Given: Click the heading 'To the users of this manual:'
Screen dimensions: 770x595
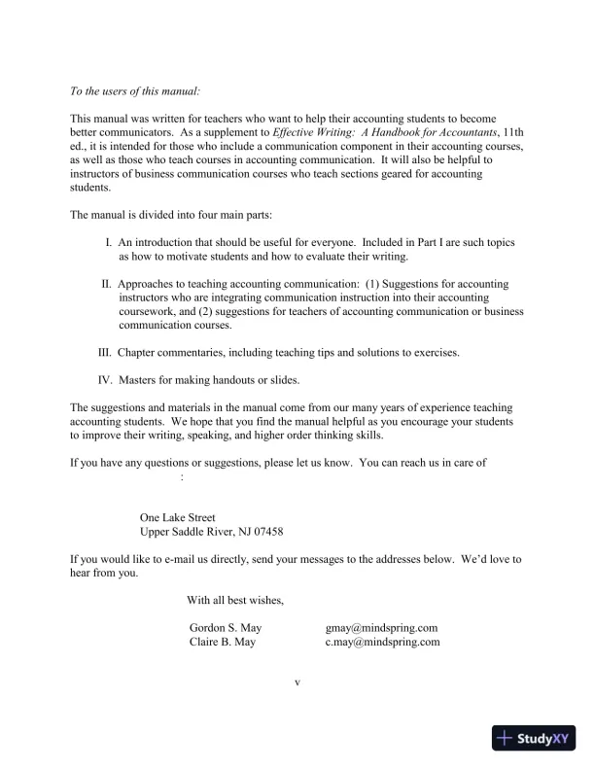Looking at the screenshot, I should (x=135, y=91).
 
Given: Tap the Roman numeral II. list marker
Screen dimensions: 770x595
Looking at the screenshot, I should (x=107, y=284).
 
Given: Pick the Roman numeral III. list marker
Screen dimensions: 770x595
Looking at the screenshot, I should (x=106, y=352).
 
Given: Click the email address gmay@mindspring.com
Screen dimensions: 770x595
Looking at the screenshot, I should (x=381, y=628).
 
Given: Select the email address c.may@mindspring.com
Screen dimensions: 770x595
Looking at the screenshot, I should (x=382, y=642).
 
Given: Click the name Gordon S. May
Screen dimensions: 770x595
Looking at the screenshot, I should (x=225, y=628).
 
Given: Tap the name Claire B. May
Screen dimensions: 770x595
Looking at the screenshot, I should (x=222, y=642).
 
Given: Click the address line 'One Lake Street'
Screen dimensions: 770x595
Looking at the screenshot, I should (x=178, y=518).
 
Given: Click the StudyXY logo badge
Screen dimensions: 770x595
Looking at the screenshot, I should (x=535, y=739).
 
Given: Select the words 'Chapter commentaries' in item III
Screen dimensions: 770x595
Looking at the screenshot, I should (x=175, y=352).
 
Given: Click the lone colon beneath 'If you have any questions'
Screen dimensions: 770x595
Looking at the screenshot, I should (x=183, y=477).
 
